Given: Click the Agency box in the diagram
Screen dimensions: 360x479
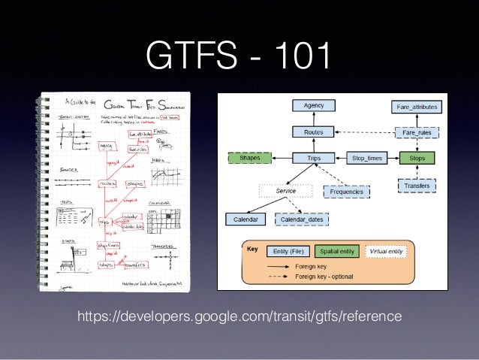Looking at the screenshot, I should tap(313, 107).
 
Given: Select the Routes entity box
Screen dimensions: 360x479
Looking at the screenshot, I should tap(313, 132).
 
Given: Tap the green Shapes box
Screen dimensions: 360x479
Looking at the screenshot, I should tap(249, 159).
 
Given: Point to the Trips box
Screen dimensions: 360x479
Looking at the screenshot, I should tap(313, 159).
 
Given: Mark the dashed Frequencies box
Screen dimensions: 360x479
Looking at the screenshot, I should tap(347, 192).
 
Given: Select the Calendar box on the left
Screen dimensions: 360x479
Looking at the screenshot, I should tap(246, 219).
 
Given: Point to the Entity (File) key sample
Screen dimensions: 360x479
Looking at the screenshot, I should tap(287, 252).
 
